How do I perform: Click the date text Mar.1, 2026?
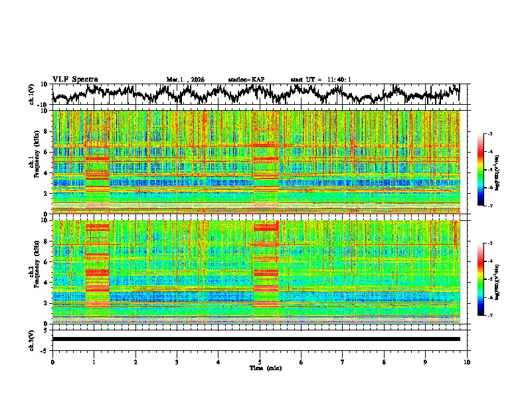point(185,80)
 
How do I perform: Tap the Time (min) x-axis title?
point(260,368)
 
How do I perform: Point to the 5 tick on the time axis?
point(260,362)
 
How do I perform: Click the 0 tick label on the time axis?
point(52,362)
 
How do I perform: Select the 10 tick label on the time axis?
point(468,362)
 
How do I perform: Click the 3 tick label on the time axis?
point(177,362)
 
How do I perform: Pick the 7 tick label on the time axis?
point(343,362)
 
